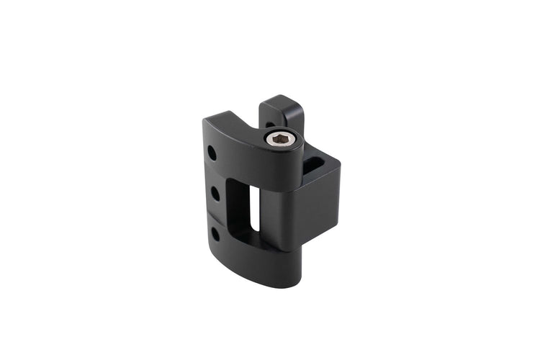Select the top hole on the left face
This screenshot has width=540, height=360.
(212, 153)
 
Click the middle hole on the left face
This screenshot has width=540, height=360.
(214, 193)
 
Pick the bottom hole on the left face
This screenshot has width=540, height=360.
(215, 233)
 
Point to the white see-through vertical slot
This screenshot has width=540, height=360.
(254, 207)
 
